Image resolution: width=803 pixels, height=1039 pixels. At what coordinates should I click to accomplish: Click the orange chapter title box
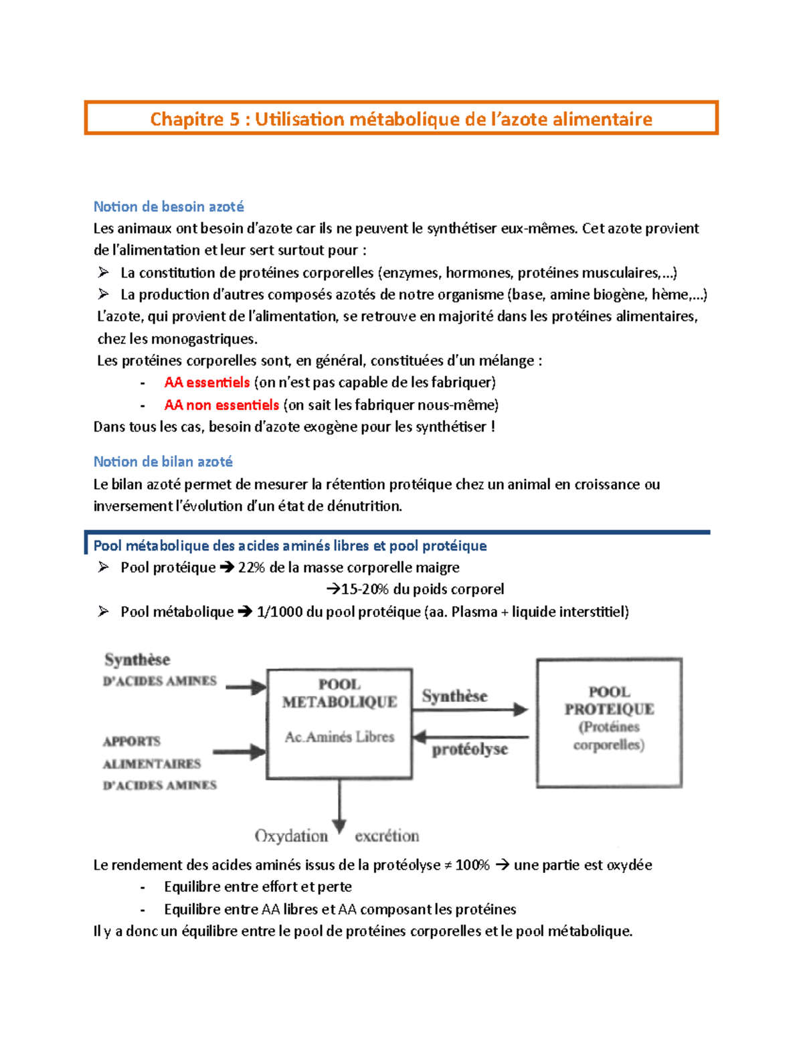point(401,118)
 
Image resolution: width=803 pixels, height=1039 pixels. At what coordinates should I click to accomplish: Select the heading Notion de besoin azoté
point(169,207)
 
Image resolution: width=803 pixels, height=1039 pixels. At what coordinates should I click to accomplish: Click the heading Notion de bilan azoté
point(163,462)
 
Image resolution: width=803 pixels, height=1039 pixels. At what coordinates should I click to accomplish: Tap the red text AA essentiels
point(207,383)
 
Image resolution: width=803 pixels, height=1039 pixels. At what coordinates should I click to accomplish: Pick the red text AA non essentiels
point(221,405)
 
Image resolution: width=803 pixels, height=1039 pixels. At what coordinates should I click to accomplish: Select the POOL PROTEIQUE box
point(609,723)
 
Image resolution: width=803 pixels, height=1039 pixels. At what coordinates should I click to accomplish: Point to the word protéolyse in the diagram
point(470,749)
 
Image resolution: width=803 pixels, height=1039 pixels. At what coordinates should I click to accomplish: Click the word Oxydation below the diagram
point(291,836)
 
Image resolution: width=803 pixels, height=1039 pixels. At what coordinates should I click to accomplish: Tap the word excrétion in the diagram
point(387,836)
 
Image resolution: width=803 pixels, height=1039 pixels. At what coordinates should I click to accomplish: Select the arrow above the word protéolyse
point(470,737)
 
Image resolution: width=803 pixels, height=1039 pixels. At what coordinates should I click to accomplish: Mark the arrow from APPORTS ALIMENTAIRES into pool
point(240,752)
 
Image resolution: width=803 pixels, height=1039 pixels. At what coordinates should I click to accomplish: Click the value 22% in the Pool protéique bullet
point(252,567)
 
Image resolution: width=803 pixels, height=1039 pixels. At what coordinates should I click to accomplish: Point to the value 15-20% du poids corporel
point(422,589)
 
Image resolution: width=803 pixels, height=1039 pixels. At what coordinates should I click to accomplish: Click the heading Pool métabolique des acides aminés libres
point(290,546)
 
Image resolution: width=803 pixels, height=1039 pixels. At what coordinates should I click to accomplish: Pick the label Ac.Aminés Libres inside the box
point(339,737)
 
